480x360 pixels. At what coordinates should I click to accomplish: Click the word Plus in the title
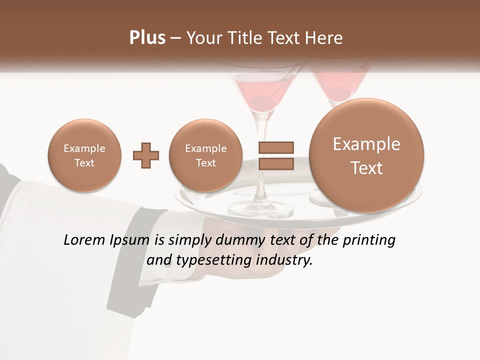[x=147, y=38]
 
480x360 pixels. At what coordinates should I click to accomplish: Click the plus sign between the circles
[x=145, y=155]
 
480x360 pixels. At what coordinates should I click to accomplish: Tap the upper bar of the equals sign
[x=275, y=147]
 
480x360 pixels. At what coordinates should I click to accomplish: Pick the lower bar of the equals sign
[x=275, y=163]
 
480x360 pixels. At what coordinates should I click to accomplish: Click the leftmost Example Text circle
[x=84, y=155]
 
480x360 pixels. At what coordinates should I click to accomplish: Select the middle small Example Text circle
[x=205, y=155]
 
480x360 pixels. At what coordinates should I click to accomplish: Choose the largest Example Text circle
[x=366, y=155]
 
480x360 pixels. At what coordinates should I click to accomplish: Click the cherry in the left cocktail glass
[x=263, y=102]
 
